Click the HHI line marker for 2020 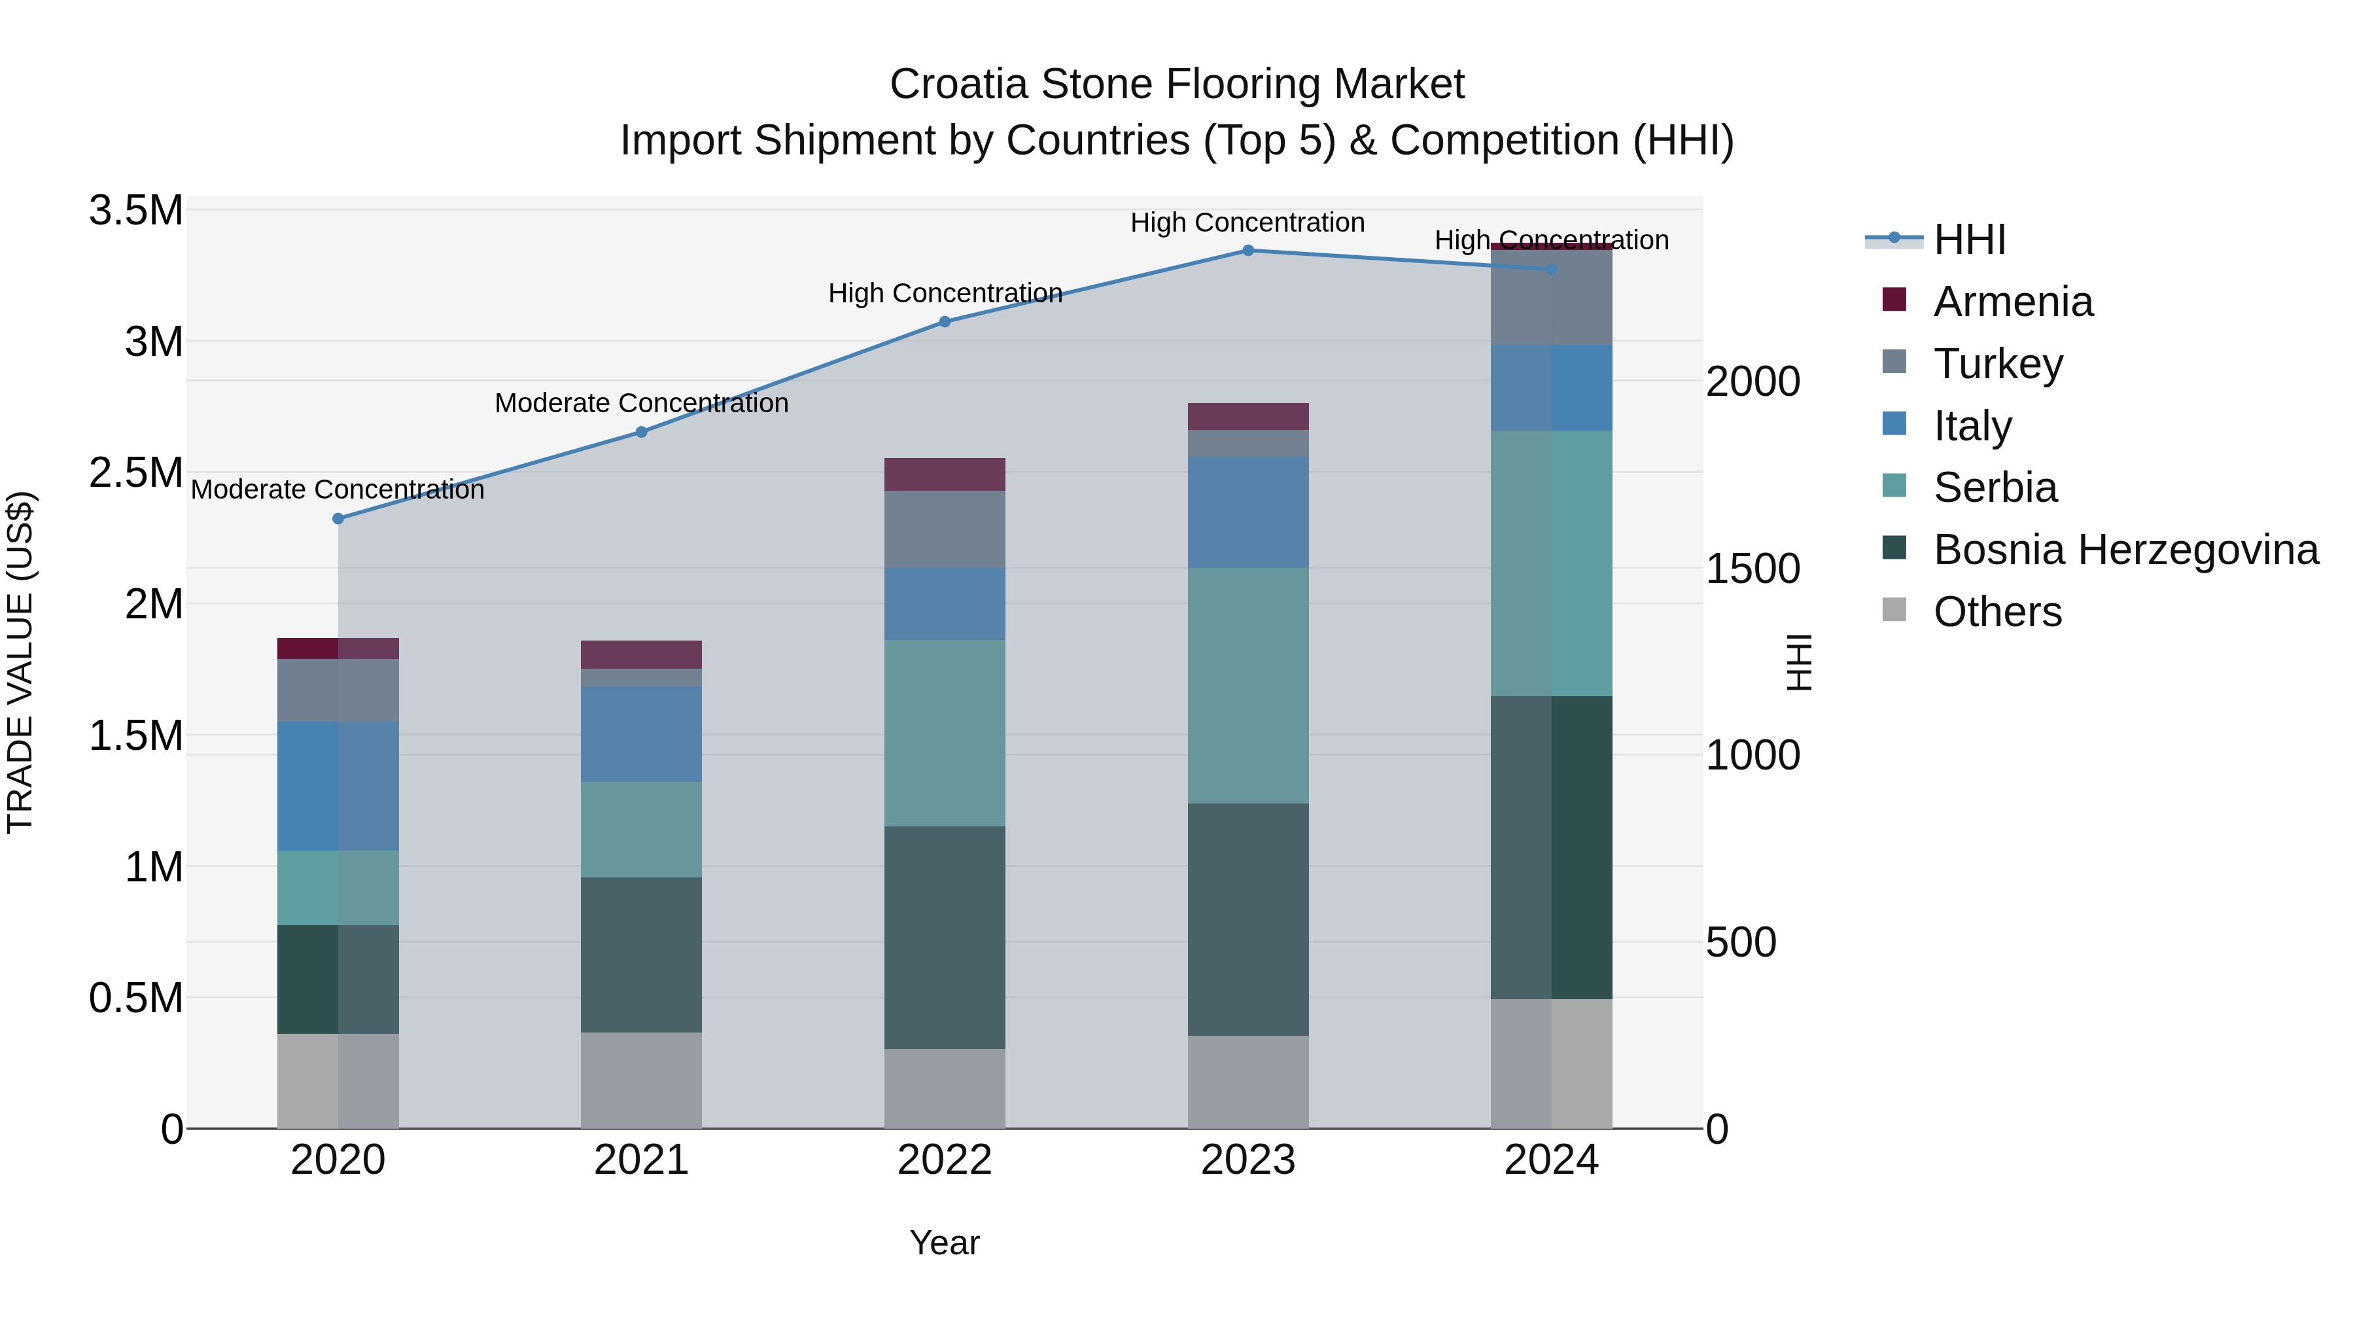coord(338,518)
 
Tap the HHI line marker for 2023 coord(1248,251)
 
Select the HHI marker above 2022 coord(945,322)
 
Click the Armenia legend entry coord(2012,302)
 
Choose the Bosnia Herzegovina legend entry coord(2125,550)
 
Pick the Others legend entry coord(1998,612)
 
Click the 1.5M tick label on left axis coord(136,736)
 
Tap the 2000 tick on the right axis coord(1753,381)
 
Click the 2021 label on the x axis coord(641,1160)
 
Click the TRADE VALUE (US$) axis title coord(20,662)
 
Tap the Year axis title coord(945,1243)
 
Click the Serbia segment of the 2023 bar coord(1248,686)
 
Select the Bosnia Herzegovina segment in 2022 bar coord(945,937)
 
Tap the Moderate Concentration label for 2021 coord(641,403)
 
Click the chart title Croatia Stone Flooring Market coord(1177,84)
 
